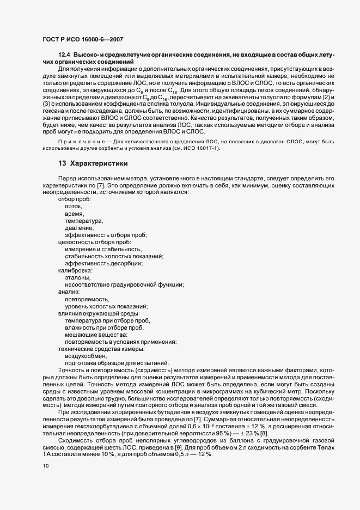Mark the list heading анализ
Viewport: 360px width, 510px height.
pos(70,292)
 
